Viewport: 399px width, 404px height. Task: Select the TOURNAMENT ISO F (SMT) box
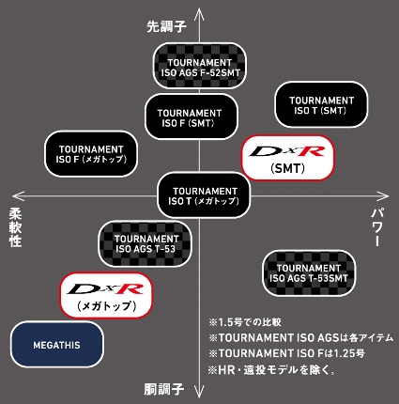coord(184,117)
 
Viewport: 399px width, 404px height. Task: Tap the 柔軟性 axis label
coord(15,226)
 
